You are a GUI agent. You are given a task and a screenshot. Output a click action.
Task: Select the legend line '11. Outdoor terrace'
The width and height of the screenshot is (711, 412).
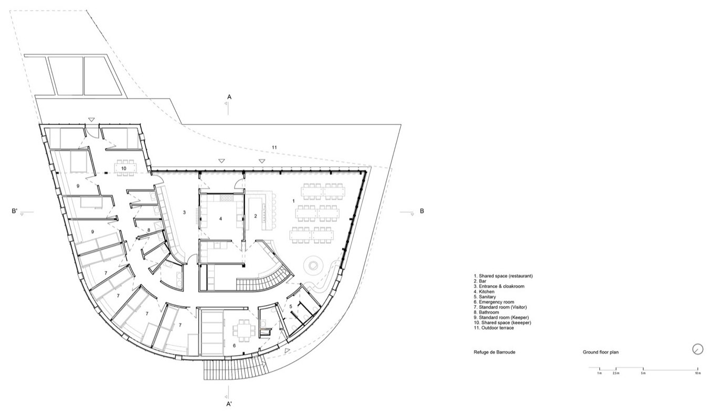point(494,328)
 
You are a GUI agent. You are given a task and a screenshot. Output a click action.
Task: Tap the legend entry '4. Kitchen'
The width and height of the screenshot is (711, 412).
point(484,291)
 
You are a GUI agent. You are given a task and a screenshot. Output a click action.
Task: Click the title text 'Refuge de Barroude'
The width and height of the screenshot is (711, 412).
point(494,352)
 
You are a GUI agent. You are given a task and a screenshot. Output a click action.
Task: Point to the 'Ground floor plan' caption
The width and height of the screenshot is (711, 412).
point(600,352)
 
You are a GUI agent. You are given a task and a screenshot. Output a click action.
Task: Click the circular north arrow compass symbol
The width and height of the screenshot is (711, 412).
point(697,349)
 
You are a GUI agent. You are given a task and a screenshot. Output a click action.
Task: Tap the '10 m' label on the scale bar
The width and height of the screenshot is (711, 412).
point(698,373)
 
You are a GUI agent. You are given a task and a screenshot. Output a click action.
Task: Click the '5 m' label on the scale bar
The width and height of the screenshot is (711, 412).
point(643,373)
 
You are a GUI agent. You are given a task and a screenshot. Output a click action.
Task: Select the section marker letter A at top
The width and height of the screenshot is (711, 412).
point(229,97)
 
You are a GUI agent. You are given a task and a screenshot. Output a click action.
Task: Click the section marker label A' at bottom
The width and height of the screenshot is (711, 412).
point(229,404)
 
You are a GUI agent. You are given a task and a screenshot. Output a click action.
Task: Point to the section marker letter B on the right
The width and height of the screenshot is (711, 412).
point(422,211)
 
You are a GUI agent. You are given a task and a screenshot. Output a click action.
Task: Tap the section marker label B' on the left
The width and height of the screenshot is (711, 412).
point(15,211)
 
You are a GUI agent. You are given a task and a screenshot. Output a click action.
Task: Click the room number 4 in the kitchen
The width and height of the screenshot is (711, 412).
point(220,219)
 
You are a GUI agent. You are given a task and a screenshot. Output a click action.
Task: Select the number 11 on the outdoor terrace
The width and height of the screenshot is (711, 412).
point(274,147)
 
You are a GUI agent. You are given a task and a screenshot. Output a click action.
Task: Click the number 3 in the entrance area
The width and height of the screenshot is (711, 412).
point(184,212)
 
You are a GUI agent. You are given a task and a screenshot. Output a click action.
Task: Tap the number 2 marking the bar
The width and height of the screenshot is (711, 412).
point(256,216)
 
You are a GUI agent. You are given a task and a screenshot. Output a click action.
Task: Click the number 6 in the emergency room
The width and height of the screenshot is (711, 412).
point(235,345)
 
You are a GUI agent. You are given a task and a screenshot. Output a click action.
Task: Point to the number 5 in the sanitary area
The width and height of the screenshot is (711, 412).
point(291,307)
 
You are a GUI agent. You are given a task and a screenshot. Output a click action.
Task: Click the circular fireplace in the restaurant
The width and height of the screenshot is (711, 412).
point(313,264)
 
